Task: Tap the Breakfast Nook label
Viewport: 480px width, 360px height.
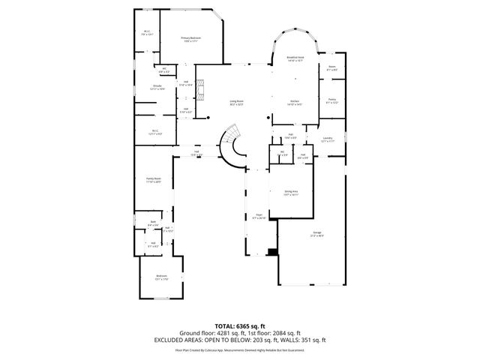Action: (x=295, y=58)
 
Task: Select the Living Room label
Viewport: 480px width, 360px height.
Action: (x=237, y=103)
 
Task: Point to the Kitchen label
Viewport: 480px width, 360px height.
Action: (x=295, y=103)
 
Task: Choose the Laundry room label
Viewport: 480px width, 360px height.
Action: (x=328, y=139)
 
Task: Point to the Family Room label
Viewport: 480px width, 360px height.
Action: (x=154, y=180)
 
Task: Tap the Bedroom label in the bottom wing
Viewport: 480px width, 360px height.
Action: (x=161, y=277)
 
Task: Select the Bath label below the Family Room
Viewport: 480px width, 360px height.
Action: (x=153, y=223)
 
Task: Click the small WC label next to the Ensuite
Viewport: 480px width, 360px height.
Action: (x=163, y=70)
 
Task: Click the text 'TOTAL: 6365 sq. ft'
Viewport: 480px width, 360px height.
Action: (x=240, y=325)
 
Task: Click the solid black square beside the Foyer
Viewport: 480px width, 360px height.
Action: (x=269, y=253)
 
